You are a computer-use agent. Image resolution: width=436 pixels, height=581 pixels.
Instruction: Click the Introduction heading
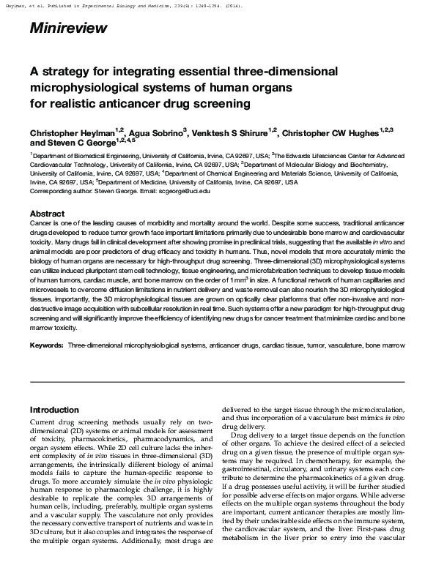click(x=54, y=411)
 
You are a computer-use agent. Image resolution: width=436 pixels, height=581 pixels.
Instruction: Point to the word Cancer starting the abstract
click(x=40, y=221)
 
